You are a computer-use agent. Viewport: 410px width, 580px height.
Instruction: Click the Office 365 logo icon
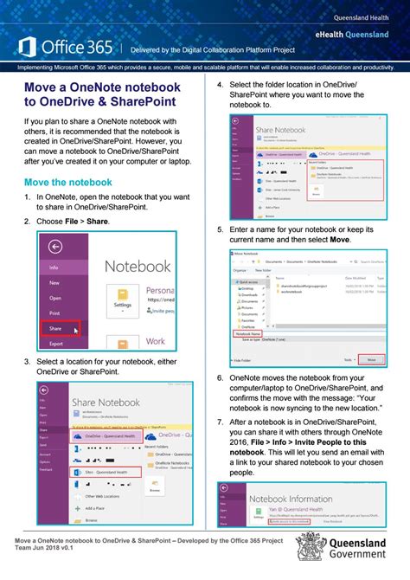tap(26, 47)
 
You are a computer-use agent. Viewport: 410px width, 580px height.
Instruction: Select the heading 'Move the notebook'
tap(67, 182)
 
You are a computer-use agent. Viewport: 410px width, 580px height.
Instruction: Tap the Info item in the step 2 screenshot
tap(54, 267)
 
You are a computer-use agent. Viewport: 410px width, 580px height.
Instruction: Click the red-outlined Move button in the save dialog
tap(371, 358)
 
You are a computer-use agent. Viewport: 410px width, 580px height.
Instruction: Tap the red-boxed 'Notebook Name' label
tap(250, 333)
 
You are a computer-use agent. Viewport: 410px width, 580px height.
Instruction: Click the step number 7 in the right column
tap(221, 422)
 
